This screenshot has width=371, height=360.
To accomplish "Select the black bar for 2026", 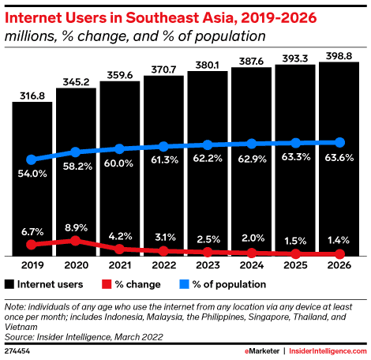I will pyautogui.click(x=339, y=159).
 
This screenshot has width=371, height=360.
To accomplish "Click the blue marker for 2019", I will pyautogui.click(x=32, y=159).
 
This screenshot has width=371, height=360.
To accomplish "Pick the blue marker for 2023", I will pyautogui.click(x=208, y=144).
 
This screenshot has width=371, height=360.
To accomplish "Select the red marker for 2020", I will pyautogui.click(x=76, y=240).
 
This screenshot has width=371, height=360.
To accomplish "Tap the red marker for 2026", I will pyautogui.click(x=339, y=254).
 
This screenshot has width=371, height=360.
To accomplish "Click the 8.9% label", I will pyautogui.click(x=76, y=226).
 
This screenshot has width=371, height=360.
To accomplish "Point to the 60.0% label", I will pyautogui.click(x=120, y=163).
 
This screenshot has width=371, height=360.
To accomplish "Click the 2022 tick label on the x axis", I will pyautogui.click(x=163, y=267).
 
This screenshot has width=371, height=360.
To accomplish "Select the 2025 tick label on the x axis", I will pyautogui.click(x=295, y=267).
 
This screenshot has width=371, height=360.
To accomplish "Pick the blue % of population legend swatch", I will pyautogui.click(x=182, y=283).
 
